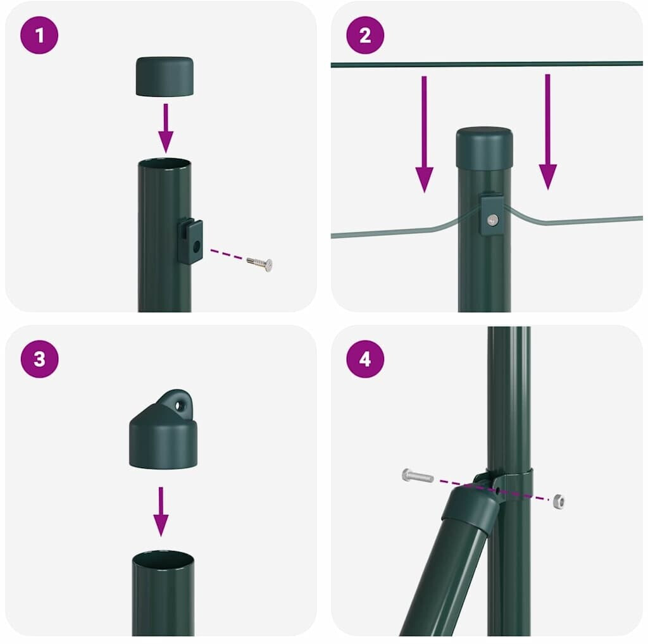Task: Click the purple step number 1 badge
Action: (x=39, y=35)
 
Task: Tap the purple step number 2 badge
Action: (x=365, y=35)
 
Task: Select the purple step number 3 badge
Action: (x=39, y=359)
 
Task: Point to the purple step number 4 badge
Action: (x=365, y=359)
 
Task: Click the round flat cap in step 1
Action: (x=165, y=77)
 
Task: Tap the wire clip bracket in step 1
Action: (x=190, y=242)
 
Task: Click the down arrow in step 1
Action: (x=166, y=128)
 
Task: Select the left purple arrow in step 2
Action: (x=424, y=134)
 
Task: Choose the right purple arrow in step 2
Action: (x=547, y=132)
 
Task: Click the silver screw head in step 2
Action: (x=492, y=220)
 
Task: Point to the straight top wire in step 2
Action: (x=487, y=64)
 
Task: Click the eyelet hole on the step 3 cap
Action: (x=179, y=406)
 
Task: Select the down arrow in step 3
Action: (x=161, y=511)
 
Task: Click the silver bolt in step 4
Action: (x=418, y=476)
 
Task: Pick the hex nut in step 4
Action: (x=559, y=501)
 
